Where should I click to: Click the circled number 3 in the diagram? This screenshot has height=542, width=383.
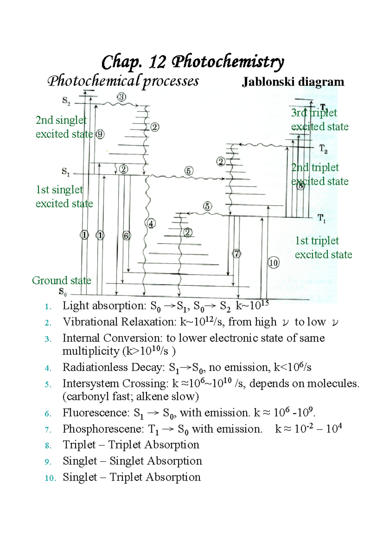point(122,97)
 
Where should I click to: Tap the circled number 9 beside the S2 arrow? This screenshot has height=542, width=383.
point(100,134)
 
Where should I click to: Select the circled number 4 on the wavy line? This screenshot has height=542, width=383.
point(151,223)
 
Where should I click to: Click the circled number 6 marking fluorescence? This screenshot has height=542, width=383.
point(126,236)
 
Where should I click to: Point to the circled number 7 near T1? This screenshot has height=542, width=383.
point(237,254)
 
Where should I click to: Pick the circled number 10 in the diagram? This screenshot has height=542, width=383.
point(274,263)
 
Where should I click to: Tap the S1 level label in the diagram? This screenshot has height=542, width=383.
point(65,172)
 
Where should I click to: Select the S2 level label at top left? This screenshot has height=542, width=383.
point(66,101)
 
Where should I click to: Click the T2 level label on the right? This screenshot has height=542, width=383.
point(323,149)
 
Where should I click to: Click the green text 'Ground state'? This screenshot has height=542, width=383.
point(61,281)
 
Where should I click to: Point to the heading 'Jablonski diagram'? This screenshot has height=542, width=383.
point(293,82)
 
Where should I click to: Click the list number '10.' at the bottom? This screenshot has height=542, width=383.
point(50,478)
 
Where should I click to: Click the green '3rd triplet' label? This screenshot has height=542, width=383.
point(314,113)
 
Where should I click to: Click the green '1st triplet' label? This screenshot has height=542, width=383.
point(317,241)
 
